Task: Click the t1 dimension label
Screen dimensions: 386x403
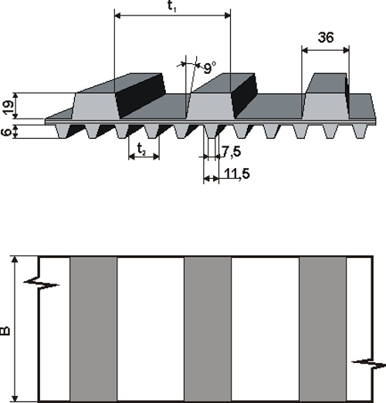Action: tap(171, 6)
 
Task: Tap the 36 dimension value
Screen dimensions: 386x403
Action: tap(326, 37)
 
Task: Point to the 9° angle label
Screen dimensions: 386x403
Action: tap(209, 68)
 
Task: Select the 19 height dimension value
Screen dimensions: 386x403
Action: tap(8, 107)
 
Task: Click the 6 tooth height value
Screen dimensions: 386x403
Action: tap(8, 132)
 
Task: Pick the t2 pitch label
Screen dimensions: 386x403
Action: tap(141, 149)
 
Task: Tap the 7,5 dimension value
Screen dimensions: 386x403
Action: tap(232, 152)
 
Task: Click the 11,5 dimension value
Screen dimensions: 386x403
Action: tap(237, 173)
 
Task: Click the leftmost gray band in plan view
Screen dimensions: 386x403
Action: tap(93, 329)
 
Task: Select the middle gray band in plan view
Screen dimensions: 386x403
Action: tap(208, 329)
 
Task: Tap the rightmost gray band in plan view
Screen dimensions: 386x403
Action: tap(323, 329)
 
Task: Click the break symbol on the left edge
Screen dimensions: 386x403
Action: tap(41, 284)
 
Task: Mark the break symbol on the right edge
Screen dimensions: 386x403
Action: tap(369, 364)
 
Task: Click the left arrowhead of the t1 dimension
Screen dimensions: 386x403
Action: tap(117, 15)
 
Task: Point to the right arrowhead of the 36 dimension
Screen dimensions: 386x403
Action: tap(347, 51)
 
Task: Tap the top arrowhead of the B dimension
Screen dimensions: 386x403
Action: tap(15, 259)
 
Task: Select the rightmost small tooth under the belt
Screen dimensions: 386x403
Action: tap(360, 132)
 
